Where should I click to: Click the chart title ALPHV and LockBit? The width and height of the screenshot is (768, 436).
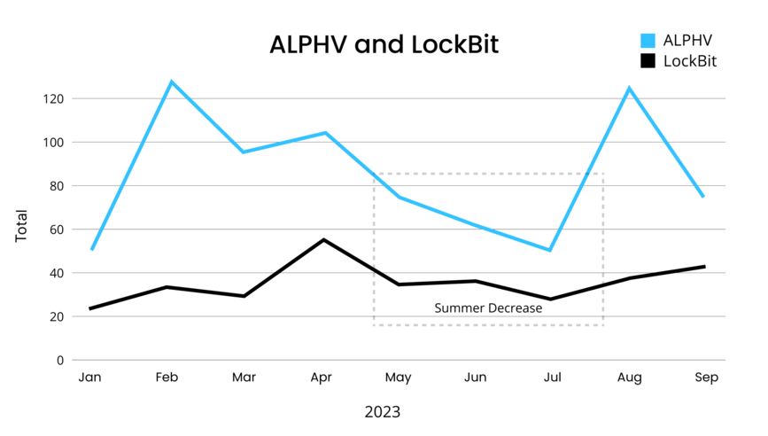(x=384, y=45)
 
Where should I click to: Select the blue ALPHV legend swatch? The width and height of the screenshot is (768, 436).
(x=648, y=40)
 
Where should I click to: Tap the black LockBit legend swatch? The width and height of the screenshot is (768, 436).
(x=648, y=61)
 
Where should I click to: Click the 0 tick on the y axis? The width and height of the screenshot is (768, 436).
(x=60, y=361)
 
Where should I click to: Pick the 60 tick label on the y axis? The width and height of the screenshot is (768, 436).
(x=57, y=230)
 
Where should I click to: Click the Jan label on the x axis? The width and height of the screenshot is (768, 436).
(x=89, y=378)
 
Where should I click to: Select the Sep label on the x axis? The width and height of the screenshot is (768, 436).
(x=706, y=378)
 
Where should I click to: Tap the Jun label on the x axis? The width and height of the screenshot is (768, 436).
(x=476, y=378)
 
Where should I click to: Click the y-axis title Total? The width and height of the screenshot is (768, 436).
(x=21, y=227)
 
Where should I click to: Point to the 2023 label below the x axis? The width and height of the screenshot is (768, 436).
(x=383, y=412)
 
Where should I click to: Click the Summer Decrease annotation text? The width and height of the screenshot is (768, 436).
(x=488, y=308)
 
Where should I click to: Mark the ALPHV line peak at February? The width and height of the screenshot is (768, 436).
(x=171, y=82)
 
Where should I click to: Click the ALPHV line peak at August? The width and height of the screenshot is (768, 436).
(x=629, y=88)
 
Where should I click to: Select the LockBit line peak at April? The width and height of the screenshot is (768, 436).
(x=323, y=239)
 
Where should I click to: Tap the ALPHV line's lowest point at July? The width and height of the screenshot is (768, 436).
(x=550, y=250)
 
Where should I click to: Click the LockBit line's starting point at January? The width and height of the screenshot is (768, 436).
(x=90, y=308)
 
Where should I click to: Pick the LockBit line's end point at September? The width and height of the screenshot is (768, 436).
(x=704, y=267)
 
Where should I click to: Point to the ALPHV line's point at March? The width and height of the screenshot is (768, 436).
(x=244, y=152)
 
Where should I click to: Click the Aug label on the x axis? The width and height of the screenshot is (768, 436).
(x=630, y=378)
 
